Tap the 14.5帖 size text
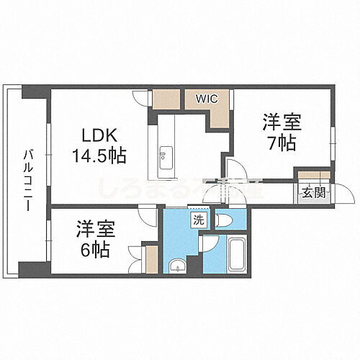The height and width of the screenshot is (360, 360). tap(99, 154)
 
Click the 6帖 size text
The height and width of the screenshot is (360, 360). tap(96, 251)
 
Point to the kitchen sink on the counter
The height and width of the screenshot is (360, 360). tap(165, 154)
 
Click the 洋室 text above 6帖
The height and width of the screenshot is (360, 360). tap(95, 232)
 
